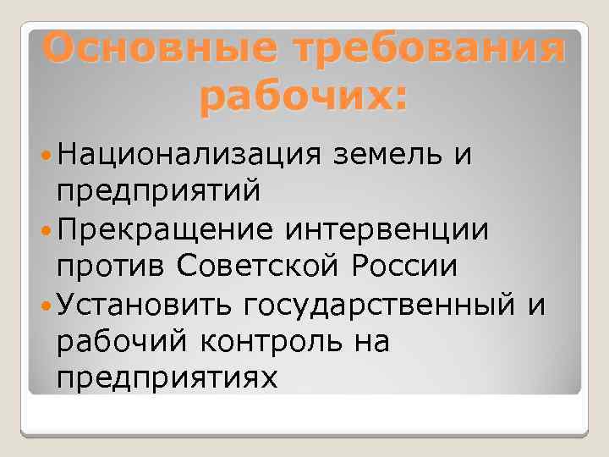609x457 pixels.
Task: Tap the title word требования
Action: click(420, 50)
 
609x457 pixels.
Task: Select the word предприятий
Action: click(158, 192)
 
